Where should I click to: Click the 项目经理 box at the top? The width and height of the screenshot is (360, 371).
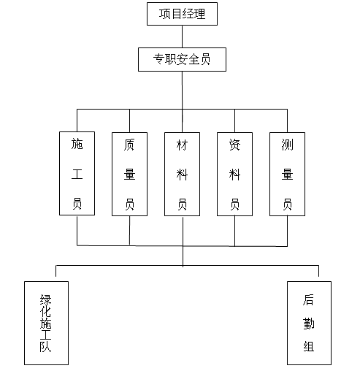coord(182,14)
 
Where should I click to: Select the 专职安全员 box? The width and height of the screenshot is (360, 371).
coord(182,59)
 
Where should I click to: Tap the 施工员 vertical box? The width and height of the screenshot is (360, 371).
coord(77,173)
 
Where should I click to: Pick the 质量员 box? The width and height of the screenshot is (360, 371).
coord(129,174)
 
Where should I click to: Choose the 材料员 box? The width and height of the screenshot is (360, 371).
coord(182,174)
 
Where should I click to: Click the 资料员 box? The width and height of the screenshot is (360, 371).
coord(234,174)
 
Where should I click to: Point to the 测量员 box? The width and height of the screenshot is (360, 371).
coord(287,174)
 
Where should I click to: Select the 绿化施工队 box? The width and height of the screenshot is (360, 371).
coord(46,323)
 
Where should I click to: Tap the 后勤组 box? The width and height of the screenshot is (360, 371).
coord(309,323)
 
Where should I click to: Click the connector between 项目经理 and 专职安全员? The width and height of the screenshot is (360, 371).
coord(182,37)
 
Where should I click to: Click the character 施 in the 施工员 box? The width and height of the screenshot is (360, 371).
coord(77,144)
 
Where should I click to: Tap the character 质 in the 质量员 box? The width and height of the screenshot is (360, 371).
coord(129,145)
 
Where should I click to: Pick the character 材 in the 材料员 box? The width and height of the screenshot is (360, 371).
coord(182,145)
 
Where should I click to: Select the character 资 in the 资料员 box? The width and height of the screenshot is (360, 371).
coord(234,145)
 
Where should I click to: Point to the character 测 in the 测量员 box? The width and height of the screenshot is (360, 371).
coord(287,145)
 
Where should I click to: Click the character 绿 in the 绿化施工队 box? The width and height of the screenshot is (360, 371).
coord(46,300)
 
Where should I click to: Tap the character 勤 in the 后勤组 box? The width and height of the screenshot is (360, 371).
coord(309,324)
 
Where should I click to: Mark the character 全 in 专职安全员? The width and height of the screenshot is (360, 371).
coord(194,59)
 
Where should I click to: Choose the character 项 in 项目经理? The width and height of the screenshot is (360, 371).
coord(165,14)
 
